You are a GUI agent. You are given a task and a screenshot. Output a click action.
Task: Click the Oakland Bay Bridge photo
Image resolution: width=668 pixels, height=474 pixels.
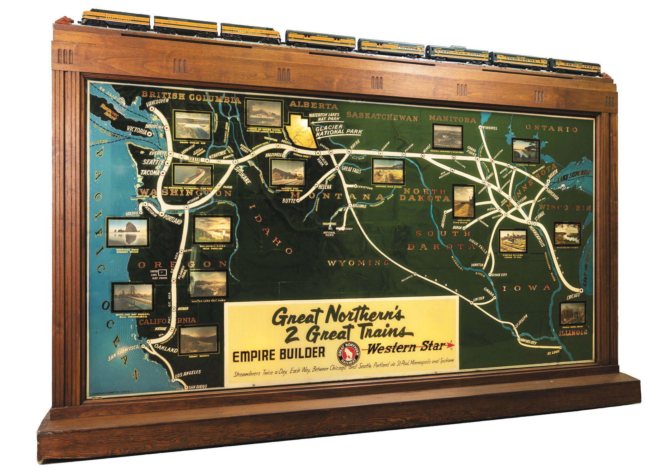click(x=133, y=297)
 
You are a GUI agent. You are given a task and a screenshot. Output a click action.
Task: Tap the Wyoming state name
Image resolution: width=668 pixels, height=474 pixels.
click(x=358, y=263)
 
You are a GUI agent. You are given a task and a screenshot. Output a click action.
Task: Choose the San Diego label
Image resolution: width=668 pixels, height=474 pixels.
click(x=198, y=387)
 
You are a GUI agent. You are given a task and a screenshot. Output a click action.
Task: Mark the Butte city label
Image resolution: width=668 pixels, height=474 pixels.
click(x=288, y=201)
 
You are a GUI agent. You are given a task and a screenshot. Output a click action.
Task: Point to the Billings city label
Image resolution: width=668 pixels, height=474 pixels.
click(x=359, y=206)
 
